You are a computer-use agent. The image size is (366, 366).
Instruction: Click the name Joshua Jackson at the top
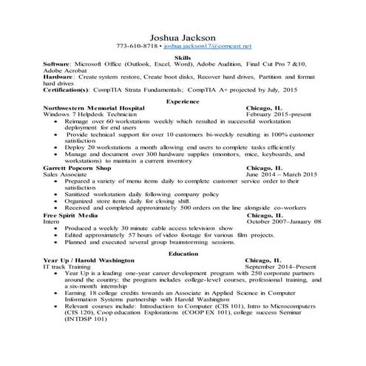183,37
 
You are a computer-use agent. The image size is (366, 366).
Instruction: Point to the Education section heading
183,253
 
